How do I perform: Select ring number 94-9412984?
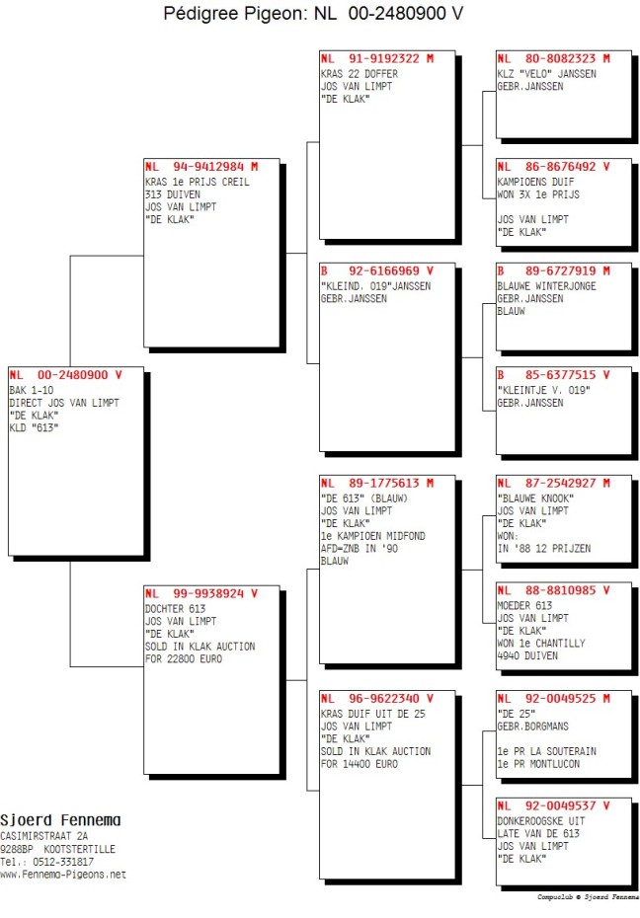208,167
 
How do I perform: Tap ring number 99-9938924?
208,593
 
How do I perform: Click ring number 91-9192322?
384,58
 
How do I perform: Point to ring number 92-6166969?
384,271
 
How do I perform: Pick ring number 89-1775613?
384,484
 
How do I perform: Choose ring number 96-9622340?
384,699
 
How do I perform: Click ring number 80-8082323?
560,58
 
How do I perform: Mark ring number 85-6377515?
560,375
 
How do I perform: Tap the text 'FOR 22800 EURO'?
184,659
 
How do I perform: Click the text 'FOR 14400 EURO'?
359,764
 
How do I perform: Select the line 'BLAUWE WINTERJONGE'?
547,286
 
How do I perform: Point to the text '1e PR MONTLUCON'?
538,764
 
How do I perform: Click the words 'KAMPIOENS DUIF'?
535,182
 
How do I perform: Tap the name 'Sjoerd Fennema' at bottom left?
60,820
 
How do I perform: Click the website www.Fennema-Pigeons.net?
63,875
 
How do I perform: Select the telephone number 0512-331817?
64,862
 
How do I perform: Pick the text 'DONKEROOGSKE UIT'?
541,821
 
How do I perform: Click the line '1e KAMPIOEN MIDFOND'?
373,536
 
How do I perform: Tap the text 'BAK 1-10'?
32,391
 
